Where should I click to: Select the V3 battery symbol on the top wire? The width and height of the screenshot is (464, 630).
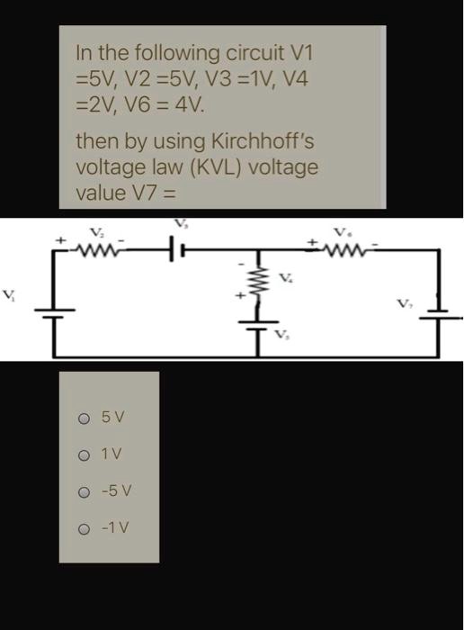coord(179,248)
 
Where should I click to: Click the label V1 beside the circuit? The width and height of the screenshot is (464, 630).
coord(9,293)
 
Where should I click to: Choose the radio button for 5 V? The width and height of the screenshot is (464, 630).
coord(84,418)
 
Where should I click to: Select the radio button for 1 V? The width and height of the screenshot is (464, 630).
coord(84,454)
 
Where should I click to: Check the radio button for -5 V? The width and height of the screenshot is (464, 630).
coord(84,491)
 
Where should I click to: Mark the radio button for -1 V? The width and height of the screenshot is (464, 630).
coord(84,528)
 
